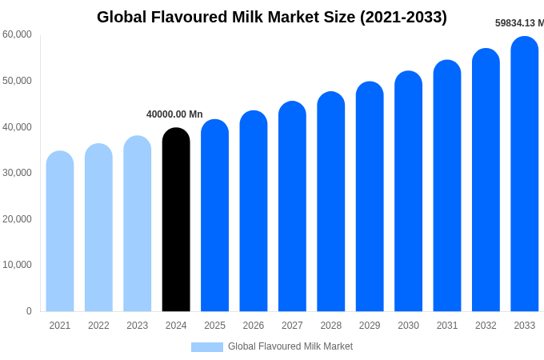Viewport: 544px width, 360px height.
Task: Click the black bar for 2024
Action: click(x=176, y=220)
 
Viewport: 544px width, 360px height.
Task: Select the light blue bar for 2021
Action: click(x=60, y=232)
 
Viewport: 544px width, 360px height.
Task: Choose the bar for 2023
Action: click(x=138, y=224)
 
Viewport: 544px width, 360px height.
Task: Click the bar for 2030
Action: click(x=409, y=192)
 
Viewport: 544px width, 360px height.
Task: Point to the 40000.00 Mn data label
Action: click(x=174, y=114)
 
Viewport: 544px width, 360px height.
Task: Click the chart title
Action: click(x=272, y=17)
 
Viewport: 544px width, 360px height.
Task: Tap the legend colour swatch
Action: click(x=207, y=347)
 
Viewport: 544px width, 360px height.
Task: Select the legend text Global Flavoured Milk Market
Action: click(x=290, y=346)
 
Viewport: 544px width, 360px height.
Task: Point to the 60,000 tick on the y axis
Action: click(x=18, y=34)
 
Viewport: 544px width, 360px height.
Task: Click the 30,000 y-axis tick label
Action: click(x=18, y=173)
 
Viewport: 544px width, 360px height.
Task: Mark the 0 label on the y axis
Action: click(x=29, y=311)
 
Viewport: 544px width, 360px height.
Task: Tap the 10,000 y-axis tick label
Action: click(x=18, y=265)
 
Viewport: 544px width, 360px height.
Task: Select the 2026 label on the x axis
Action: click(x=254, y=326)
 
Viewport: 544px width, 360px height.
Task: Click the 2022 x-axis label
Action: click(x=98, y=326)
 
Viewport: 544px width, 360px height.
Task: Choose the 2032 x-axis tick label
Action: click(x=486, y=326)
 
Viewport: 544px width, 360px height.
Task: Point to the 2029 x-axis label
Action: click(x=370, y=326)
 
